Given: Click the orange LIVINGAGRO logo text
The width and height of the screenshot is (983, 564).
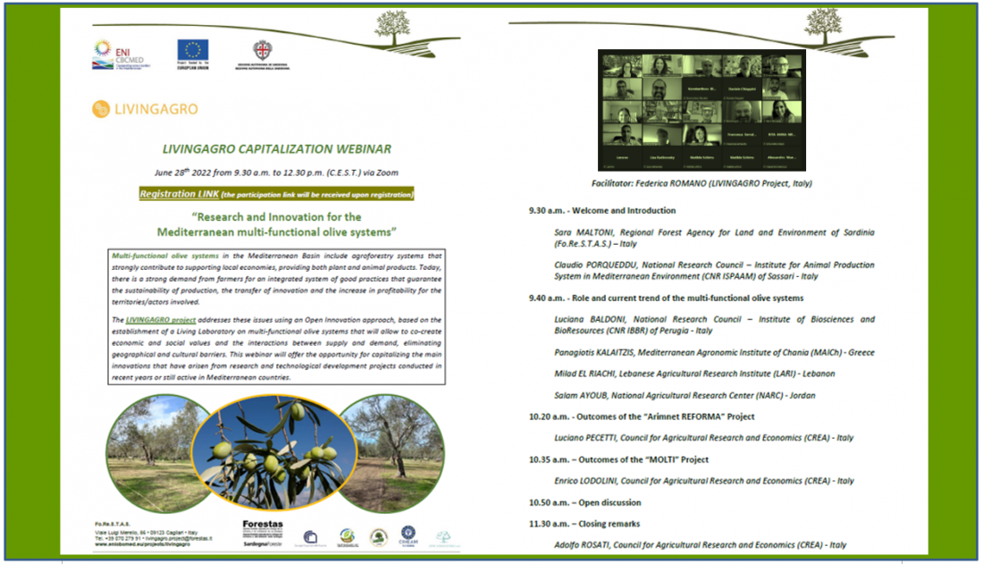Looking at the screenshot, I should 145,109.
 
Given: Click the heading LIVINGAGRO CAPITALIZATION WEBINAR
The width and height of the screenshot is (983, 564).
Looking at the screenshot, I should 277,149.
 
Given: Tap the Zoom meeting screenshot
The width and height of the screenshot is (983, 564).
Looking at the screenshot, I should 702,110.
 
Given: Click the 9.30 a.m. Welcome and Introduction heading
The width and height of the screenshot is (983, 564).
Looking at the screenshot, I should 602,211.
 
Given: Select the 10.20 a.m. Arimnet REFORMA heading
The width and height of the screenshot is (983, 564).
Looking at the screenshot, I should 642,417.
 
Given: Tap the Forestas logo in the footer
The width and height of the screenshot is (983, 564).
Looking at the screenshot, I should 262,527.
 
